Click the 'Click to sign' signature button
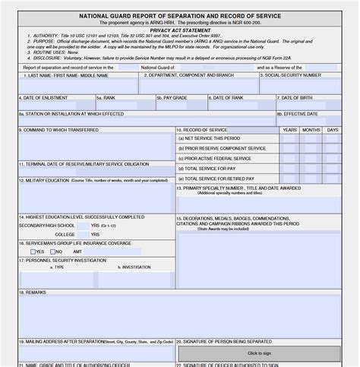(x=258, y=353)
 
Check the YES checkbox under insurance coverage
(x=33, y=252)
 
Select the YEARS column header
(x=289, y=130)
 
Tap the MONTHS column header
(x=311, y=130)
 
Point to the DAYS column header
(x=333, y=130)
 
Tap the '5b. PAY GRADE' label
(x=172, y=98)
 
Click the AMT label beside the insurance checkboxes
(x=77, y=252)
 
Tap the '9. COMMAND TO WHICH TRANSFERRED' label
(x=59, y=130)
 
